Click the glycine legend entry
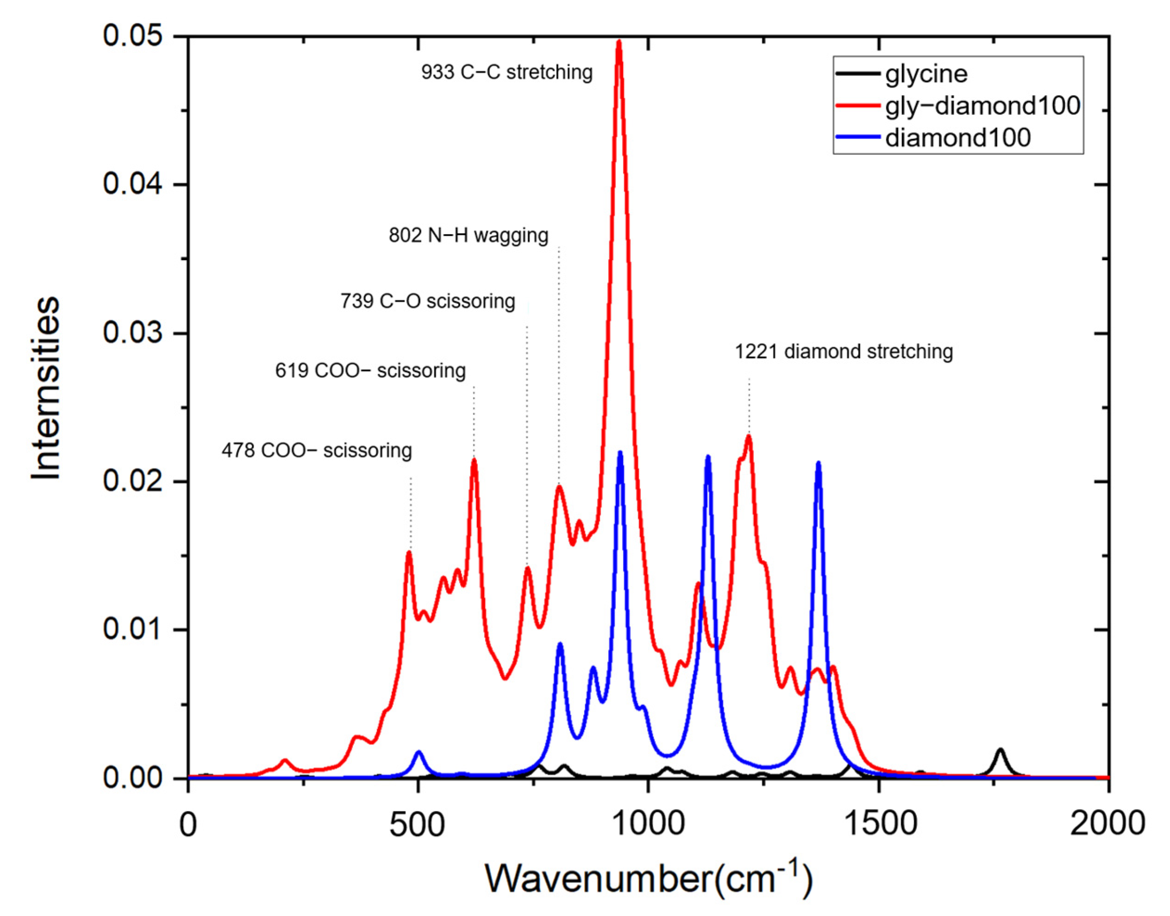(x=926, y=74)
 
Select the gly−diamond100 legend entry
(x=982, y=106)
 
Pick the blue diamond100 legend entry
(x=958, y=138)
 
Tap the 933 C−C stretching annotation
(x=507, y=72)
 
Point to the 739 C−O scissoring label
(x=427, y=301)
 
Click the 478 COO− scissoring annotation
(x=317, y=450)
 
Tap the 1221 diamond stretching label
(x=843, y=352)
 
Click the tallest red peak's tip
(x=619, y=42)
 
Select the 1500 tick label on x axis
(x=878, y=824)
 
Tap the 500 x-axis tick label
(x=417, y=824)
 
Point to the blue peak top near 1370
(x=818, y=463)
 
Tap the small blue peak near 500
(x=419, y=753)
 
